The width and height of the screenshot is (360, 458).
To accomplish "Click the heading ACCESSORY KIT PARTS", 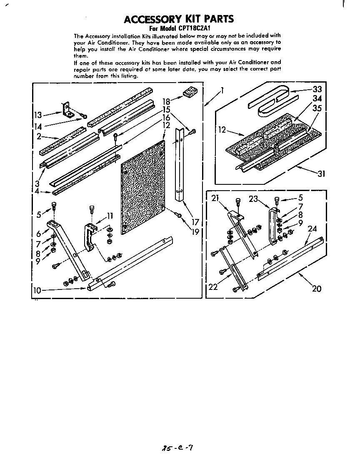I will pyautogui.click(x=179, y=19).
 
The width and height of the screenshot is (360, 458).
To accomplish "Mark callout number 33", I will pyautogui.click(x=317, y=89).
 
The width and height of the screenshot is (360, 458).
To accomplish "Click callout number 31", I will pyautogui.click(x=321, y=174).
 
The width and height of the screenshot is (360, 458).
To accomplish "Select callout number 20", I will pyautogui.click(x=317, y=288).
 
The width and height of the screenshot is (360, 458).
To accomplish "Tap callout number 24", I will pyautogui.click(x=312, y=229).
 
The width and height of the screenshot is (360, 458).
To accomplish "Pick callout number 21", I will pyautogui.click(x=215, y=198).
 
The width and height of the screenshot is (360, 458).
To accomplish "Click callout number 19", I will pyautogui.click(x=195, y=232).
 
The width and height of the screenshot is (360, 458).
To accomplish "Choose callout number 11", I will pyautogui.click(x=110, y=216).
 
